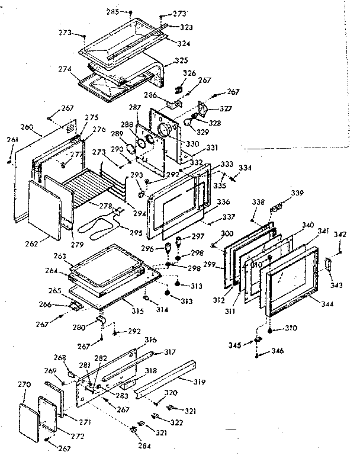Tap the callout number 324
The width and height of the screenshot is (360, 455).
184,43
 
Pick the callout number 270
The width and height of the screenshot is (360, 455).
24,385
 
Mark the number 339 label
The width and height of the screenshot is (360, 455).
297,193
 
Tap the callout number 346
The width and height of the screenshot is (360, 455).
277,351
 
